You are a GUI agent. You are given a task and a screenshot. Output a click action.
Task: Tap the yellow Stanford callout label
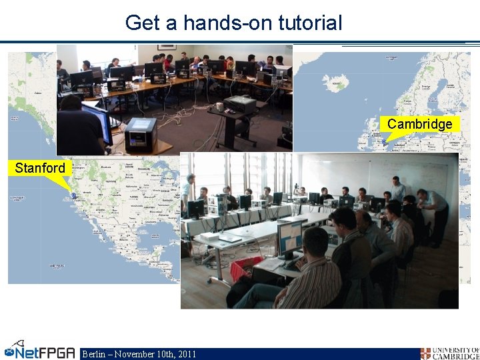coord(40,168)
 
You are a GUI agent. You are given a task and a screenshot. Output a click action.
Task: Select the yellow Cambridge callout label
coord(419,124)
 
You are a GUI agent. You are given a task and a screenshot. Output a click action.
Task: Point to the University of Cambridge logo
coord(449,353)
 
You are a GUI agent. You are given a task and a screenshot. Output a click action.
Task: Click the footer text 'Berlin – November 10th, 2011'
coord(139,353)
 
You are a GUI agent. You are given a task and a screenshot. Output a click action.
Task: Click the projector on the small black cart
coord(239,105)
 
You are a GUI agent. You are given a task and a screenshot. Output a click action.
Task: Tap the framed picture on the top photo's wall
coord(167,47)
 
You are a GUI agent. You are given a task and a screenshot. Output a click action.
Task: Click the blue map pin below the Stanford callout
coord(73,195)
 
